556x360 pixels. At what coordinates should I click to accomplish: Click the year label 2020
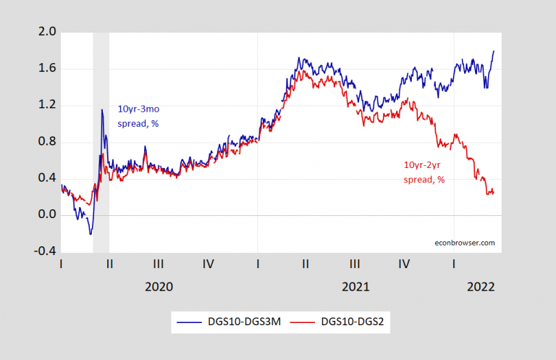(x=159, y=286)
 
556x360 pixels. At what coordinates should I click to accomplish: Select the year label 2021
(x=355, y=286)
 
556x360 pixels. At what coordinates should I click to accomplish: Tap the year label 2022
(x=480, y=286)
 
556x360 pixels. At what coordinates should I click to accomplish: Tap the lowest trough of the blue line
(x=90, y=234)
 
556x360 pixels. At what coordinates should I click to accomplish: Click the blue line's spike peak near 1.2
(x=102, y=109)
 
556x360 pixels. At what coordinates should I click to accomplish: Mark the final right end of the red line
(x=494, y=193)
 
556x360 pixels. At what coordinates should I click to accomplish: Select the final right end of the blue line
(x=494, y=51)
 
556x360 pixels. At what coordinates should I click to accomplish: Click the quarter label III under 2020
(x=159, y=264)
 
